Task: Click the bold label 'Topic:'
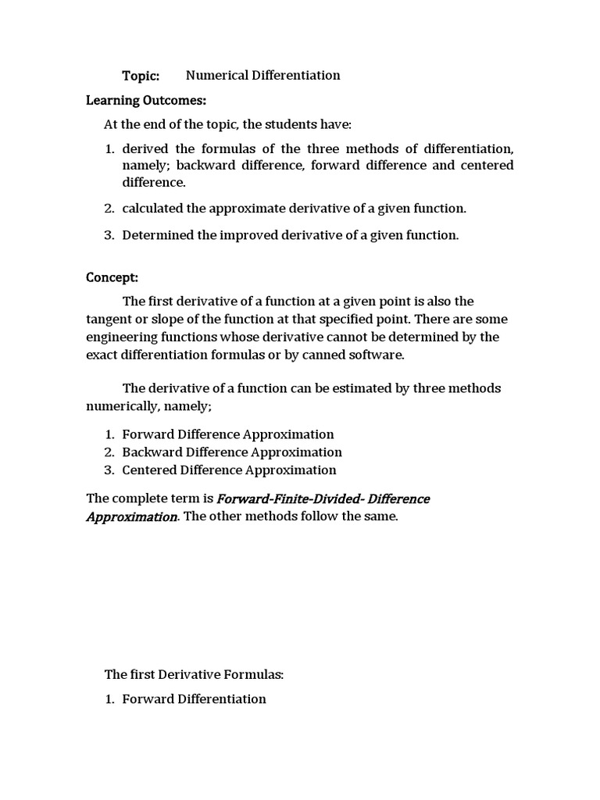click(x=141, y=76)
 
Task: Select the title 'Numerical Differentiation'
click(x=263, y=76)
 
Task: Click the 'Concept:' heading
click(x=112, y=278)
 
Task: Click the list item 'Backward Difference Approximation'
click(x=232, y=452)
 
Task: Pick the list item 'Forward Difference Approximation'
click(x=228, y=434)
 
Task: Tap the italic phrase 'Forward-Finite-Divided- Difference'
click(x=323, y=498)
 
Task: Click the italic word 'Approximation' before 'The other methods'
click(x=131, y=517)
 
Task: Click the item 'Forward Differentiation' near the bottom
click(x=194, y=699)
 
